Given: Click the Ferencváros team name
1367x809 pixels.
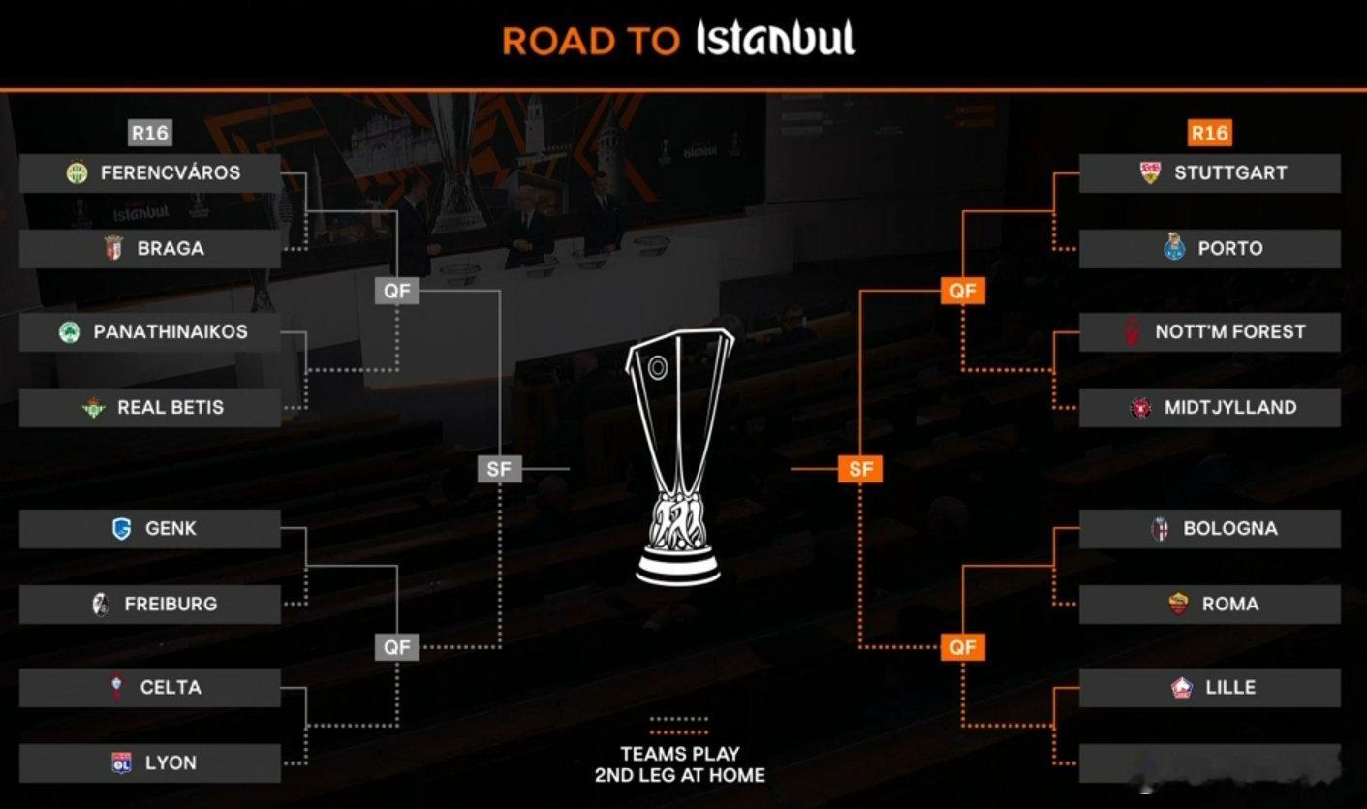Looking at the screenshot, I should [171, 172].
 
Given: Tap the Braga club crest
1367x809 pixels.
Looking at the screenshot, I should [112, 248].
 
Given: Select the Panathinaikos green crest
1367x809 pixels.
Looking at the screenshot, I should [69, 332].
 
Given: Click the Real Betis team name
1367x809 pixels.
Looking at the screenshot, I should [171, 408].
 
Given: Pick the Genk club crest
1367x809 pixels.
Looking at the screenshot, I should [121, 529].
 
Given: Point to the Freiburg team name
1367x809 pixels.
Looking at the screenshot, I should [171, 605].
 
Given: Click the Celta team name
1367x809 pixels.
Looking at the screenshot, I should [171, 688].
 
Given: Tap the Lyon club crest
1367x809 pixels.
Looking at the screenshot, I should [121, 763].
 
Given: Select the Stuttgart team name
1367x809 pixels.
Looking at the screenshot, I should [1230, 172].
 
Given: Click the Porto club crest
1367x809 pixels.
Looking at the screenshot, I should [1174, 248].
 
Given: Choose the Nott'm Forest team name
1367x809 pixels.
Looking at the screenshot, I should [1230, 331].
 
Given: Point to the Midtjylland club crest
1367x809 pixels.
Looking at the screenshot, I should [1140, 408].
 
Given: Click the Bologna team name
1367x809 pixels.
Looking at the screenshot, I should [1230, 529].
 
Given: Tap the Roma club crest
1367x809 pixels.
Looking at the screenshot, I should [1178, 605].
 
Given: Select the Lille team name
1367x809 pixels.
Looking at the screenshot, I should [1230, 688].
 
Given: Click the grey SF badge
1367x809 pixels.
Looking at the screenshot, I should [499, 470].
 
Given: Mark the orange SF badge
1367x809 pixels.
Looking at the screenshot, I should [860, 470].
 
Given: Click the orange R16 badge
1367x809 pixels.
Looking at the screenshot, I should [1209, 133].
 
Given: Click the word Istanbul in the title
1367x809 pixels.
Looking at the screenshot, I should [776, 39].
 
